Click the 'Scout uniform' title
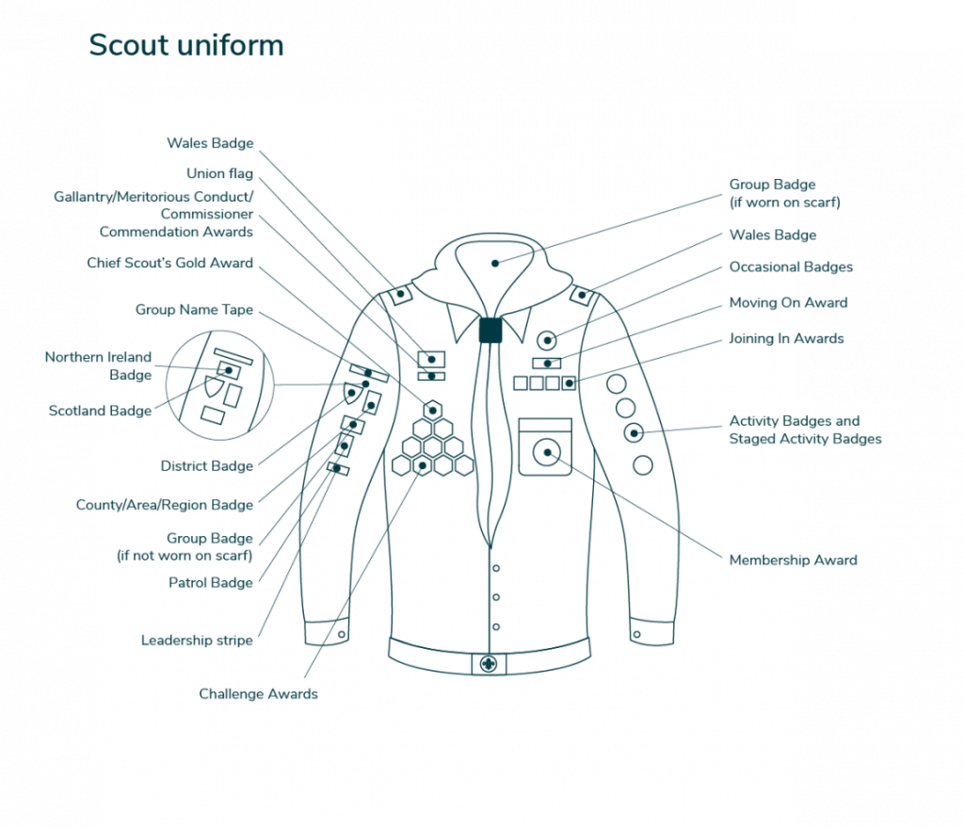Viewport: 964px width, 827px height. (x=186, y=45)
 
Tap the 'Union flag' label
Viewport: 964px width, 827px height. (x=219, y=173)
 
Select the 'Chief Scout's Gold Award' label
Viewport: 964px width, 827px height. (x=169, y=263)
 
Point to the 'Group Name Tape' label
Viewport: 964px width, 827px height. (x=194, y=310)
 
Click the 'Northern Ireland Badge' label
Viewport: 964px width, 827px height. (x=98, y=365)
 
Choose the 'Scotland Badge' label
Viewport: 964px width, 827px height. (x=100, y=411)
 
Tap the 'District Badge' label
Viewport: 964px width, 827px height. (x=206, y=466)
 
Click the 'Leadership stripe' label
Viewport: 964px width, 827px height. (x=197, y=640)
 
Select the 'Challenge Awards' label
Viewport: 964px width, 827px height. (x=258, y=693)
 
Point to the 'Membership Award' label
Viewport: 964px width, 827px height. (x=793, y=559)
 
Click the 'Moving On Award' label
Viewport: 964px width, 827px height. (x=788, y=302)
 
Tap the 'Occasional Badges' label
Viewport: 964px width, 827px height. (x=791, y=268)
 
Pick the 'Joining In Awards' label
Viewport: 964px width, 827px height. (x=786, y=338)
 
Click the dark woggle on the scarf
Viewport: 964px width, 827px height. (x=490, y=330)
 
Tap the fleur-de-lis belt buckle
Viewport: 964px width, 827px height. (x=489, y=665)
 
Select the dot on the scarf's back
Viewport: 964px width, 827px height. (x=495, y=264)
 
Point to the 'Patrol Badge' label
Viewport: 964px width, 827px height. (x=210, y=583)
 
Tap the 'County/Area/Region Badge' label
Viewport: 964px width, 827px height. (x=164, y=505)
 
